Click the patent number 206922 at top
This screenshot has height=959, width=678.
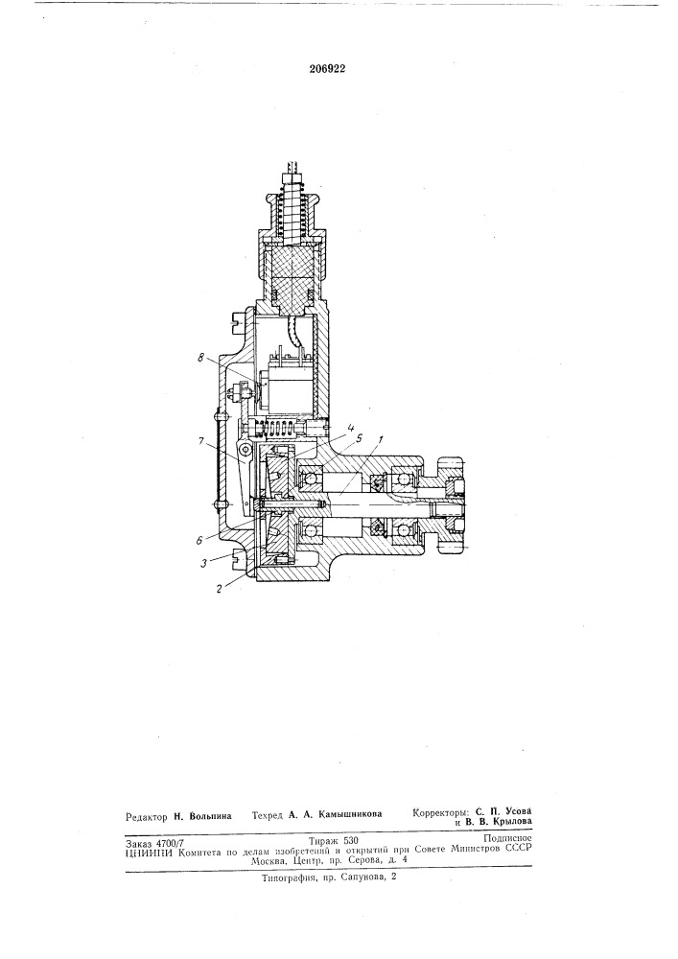tap(328, 69)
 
